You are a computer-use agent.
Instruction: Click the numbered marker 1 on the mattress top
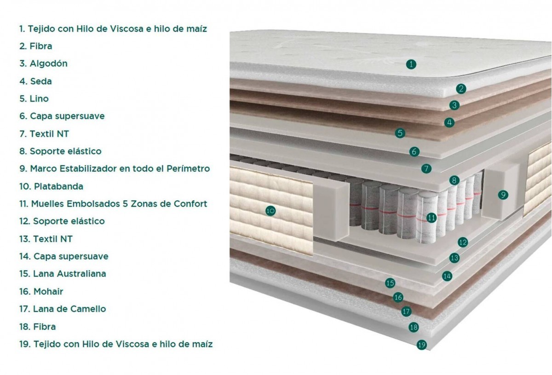point(411,64)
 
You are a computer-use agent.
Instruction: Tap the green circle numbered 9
point(503,195)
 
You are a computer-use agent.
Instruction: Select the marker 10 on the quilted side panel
point(270,211)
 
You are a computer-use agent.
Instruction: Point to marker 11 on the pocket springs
point(431,217)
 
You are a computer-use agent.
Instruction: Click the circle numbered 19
point(422,345)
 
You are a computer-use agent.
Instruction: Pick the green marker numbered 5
point(400,133)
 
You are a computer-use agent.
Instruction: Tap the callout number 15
point(390,283)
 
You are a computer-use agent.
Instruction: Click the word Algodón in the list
point(49,64)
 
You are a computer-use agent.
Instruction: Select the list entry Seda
point(36,81)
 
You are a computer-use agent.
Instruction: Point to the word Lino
point(39,99)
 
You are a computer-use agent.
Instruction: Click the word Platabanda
point(59,187)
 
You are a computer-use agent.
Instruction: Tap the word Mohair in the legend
point(48,292)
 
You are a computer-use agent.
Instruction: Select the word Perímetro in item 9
point(188,169)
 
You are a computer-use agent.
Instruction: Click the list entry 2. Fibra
point(36,46)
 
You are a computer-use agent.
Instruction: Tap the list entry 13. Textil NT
point(46,239)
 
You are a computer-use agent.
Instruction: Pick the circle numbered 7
point(426,169)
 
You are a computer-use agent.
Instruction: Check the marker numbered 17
point(406,311)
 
